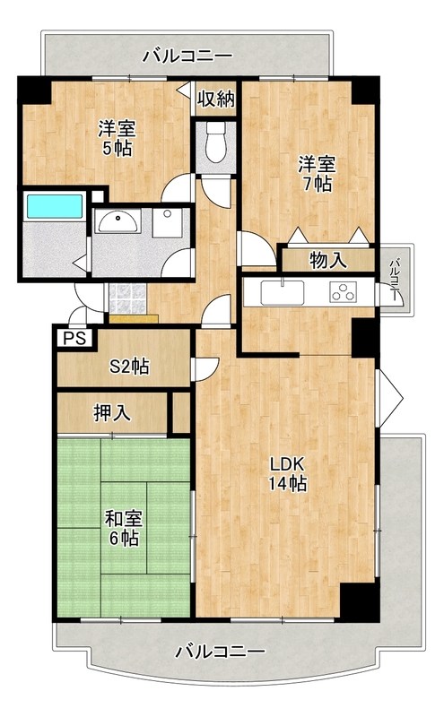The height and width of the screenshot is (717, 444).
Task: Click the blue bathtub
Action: coord(54,205)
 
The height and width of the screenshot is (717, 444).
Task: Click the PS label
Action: coord(74,339)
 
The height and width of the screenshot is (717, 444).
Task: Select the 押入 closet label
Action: coord(112,413)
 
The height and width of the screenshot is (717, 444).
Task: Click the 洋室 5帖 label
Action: coord(116,137)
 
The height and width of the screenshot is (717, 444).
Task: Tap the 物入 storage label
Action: coord(327,261)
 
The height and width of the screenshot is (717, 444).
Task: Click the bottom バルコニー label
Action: coord(220,650)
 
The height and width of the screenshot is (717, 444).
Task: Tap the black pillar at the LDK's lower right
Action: coord(354,600)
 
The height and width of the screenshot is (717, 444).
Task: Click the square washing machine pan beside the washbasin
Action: coord(168,221)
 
